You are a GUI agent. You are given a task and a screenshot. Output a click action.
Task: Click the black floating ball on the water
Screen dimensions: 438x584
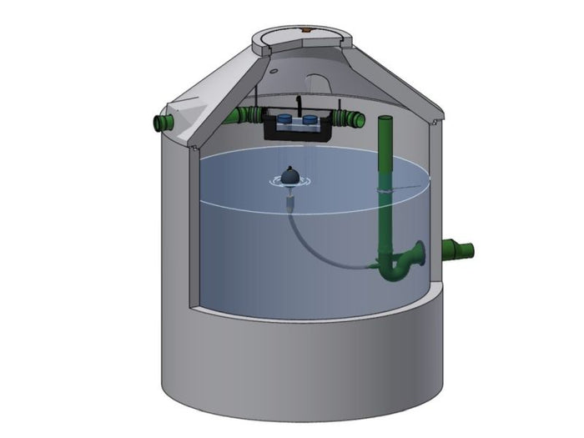click(288, 176)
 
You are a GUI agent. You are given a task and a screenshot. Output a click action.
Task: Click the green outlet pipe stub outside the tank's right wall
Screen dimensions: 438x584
click(458, 249)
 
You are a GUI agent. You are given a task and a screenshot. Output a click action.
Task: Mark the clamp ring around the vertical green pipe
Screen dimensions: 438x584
click(385, 191)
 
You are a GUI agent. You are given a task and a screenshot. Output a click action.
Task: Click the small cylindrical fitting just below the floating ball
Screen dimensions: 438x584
click(289, 200)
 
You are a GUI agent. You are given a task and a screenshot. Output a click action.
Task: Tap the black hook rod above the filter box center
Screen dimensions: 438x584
click(298, 106)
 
